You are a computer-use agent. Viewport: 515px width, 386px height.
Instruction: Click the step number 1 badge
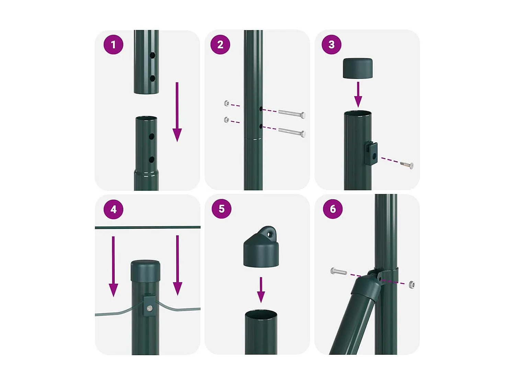click(x=113, y=45)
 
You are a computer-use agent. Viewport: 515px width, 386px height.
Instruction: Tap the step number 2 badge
click(x=220, y=45)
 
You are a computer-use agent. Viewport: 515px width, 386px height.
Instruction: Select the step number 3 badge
click(x=331, y=45)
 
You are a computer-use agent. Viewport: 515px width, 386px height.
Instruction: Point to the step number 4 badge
click(x=113, y=209)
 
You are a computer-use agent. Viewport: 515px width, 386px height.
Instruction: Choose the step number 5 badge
click(x=221, y=209)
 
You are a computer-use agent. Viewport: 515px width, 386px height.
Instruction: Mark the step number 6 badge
click(x=333, y=209)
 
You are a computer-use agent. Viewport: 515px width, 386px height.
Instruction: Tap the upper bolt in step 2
click(x=292, y=114)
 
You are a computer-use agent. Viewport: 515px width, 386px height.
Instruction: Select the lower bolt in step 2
click(x=292, y=132)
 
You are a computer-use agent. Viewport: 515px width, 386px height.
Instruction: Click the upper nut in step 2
click(x=227, y=103)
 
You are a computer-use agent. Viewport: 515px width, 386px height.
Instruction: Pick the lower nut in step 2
click(x=227, y=120)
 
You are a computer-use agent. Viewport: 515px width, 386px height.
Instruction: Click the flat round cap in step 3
click(x=358, y=68)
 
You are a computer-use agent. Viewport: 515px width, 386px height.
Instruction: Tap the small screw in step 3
click(x=407, y=165)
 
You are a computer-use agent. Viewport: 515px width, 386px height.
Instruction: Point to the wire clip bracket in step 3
click(x=371, y=153)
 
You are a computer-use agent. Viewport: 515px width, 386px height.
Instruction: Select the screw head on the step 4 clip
click(x=149, y=308)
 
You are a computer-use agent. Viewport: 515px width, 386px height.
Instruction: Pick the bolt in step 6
click(x=339, y=272)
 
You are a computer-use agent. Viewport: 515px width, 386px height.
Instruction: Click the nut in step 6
click(x=412, y=284)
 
